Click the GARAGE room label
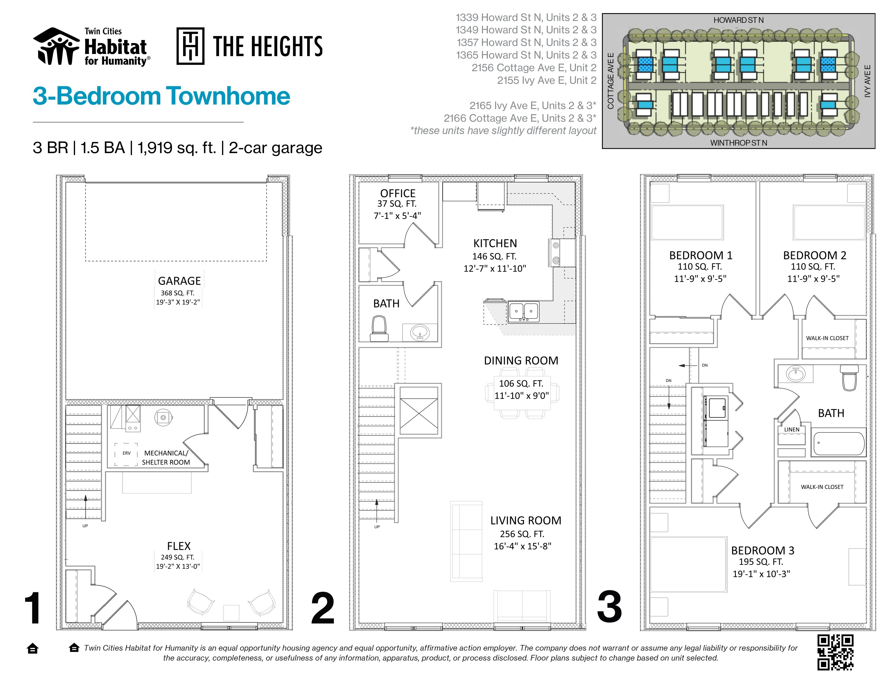coord(179,281)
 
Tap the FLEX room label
coord(179,546)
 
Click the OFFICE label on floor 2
coord(398,193)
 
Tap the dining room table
coord(522,392)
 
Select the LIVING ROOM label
coord(526,520)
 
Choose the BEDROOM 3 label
coord(763,550)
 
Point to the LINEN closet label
coord(791,429)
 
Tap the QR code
coord(835,652)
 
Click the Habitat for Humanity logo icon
coord(56,46)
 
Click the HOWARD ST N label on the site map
coord(738,20)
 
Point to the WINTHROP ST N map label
coord(738,143)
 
